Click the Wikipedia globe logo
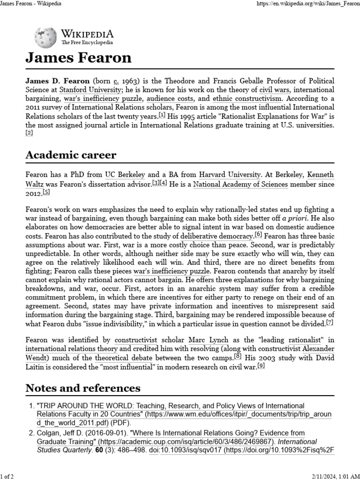coord(46,37)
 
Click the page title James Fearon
coord(78,58)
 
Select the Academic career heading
coord(71,155)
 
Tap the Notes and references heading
coord(82,388)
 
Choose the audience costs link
coord(176,99)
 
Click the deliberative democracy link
coord(217,236)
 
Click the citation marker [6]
coord(258,235)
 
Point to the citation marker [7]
coord(330,323)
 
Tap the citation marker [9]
coord(261,366)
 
